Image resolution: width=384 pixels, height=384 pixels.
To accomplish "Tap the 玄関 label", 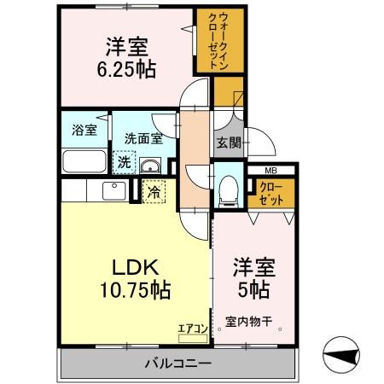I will point(227,143).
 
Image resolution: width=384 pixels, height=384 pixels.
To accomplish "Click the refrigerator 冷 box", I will point(154,193).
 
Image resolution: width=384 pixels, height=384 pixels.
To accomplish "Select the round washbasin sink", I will point(150,165).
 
